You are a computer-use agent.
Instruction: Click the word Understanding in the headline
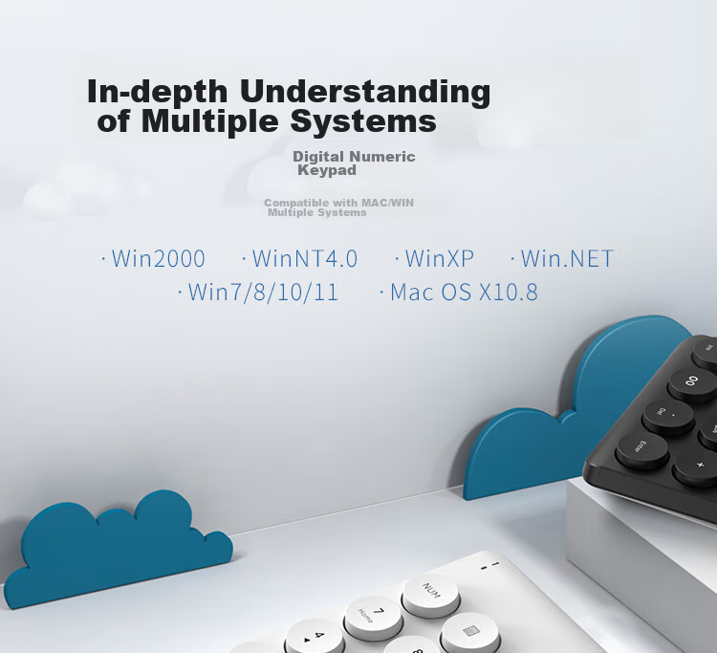tap(365, 93)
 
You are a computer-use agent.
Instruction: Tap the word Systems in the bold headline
tap(363, 121)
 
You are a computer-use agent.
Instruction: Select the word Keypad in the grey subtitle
tap(327, 170)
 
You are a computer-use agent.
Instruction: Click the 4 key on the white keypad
tap(315, 637)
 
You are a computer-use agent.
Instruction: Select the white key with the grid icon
tap(470, 632)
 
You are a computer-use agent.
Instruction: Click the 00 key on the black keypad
tap(690, 383)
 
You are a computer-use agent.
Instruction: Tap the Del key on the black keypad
tap(667, 416)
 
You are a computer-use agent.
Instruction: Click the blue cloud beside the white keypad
tap(119, 549)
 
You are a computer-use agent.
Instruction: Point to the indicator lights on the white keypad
tap(489, 566)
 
